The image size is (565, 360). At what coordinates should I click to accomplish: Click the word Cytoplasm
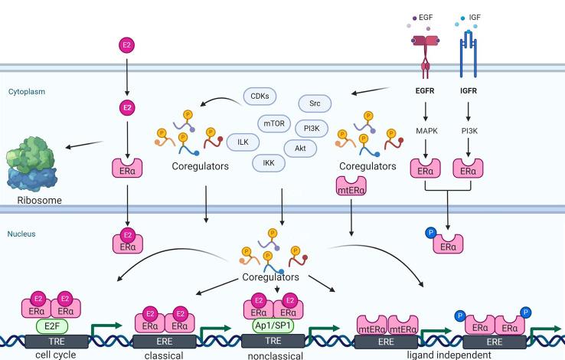coord(26,91)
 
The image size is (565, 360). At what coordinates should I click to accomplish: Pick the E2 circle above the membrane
coord(126,46)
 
